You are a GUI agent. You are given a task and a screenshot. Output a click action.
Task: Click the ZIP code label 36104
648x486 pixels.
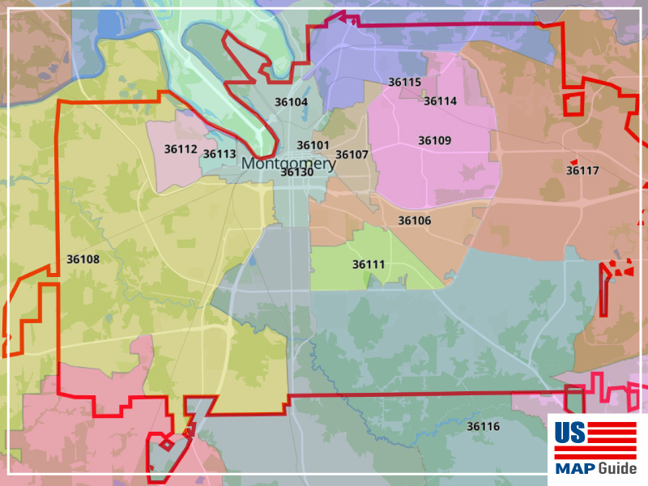click(x=292, y=102)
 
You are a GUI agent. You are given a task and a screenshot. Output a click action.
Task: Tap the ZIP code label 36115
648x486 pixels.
click(x=404, y=82)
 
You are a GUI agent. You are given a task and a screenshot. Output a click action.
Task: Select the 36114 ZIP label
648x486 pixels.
click(x=440, y=101)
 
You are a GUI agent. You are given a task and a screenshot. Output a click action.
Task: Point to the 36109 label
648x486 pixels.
click(x=434, y=140)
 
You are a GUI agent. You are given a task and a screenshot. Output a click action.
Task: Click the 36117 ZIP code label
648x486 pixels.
click(x=582, y=170)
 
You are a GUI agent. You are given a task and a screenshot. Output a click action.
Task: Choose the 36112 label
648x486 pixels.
click(x=181, y=148)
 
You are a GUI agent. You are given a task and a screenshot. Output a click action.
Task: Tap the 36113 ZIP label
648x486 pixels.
click(x=219, y=154)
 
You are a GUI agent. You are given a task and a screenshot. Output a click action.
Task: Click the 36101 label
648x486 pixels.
click(x=313, y=145)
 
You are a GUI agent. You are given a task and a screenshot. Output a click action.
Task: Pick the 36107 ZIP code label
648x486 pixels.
click(x=352, y=155)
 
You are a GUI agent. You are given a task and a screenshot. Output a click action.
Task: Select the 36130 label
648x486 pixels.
click(x=296, y=172)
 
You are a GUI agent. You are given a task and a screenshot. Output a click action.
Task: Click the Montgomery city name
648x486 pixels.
click(x=288, y=163)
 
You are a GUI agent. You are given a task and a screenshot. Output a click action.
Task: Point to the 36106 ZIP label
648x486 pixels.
click(x=414, y=220)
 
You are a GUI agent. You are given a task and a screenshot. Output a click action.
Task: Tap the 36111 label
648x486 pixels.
click(x=369, y=264)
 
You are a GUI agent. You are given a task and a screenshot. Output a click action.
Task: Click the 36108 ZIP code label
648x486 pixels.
click(x=83, y=259)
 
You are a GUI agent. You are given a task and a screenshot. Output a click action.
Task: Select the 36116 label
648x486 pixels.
click(x=483, y=426)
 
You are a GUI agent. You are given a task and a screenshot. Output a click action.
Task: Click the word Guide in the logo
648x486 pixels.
click(x=618, y=468)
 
